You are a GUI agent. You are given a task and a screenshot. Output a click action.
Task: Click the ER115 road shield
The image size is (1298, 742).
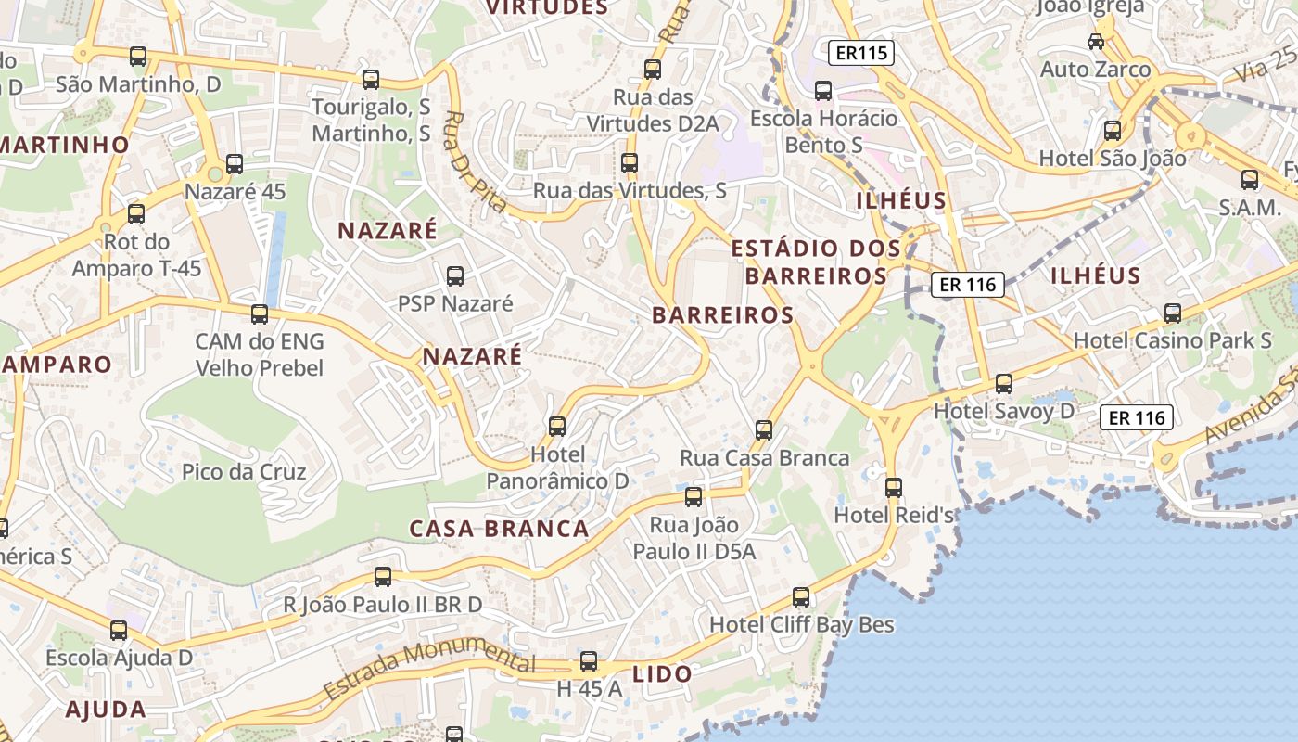[x=861, y=53]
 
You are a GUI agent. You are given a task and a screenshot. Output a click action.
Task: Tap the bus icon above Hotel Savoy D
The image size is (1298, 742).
[x=1003, y=383]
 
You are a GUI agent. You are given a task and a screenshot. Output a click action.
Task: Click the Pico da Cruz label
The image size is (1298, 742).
[x=244, y=471]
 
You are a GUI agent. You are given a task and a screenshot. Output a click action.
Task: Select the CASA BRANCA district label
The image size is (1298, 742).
[x=500, y=529]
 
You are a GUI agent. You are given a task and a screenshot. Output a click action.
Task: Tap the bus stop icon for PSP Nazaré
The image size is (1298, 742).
[x=455, y=275]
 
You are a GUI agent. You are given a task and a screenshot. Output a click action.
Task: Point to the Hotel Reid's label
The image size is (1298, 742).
[x=895, y=514]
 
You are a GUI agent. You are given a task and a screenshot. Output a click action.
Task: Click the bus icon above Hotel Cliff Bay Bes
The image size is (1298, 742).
[x=801, y=597]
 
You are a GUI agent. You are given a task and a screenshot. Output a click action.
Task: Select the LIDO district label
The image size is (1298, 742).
[x=662, y=674]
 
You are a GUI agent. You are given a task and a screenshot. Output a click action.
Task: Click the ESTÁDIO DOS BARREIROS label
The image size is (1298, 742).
[x=816, y=262]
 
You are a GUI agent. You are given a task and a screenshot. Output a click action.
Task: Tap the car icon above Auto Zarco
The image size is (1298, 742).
[x=1096, y=42]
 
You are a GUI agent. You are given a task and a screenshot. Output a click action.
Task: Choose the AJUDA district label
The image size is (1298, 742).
[x=106, y=710]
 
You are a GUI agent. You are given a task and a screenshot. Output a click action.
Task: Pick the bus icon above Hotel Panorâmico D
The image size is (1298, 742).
[x=557, y=426]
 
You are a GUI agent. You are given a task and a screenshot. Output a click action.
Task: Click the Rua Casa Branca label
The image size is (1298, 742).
[x=764, y=457]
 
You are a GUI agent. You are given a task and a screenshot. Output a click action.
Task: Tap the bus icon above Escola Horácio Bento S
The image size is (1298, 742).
[x=823, y=90]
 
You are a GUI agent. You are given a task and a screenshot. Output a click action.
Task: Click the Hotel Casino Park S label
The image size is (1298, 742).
[x=1172, y=340]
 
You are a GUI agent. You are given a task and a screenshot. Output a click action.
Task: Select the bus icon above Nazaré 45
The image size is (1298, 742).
[x=235, y=164]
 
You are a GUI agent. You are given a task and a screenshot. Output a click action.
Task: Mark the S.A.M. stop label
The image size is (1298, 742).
[x=1250, y=207]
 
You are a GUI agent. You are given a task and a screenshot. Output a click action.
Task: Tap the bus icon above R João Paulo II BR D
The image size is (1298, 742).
[x=383, y=577]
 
